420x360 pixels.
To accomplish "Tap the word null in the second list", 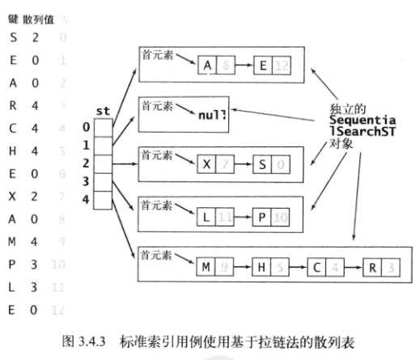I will coord(212,115).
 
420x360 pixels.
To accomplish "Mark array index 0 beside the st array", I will coord(86,127).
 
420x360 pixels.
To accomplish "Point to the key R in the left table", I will coord(13,81).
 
